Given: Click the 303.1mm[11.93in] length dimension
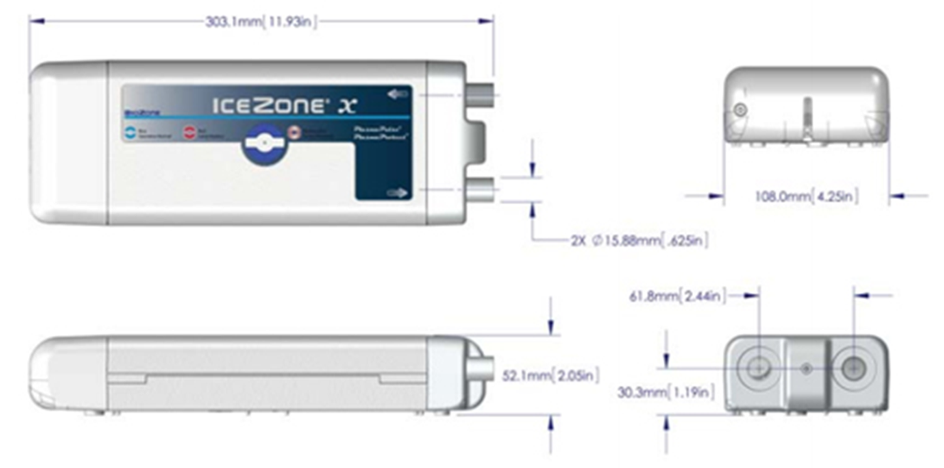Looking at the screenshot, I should coord(261,21).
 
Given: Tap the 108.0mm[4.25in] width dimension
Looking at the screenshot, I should coord(806,196).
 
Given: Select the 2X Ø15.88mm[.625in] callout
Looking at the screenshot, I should coord(639,240).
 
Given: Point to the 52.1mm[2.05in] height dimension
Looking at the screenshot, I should coord(551,374).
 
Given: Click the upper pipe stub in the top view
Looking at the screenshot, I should coord(483,95).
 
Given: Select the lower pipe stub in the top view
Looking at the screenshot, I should coord(483,190).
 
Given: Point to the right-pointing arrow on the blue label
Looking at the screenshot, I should coord(400,193).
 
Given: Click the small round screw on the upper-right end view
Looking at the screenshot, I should coord(741,110).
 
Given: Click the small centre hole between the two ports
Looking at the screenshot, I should coord(806,368).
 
